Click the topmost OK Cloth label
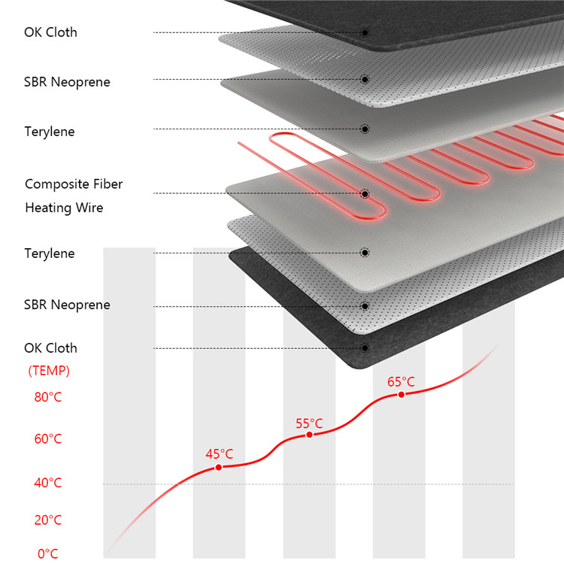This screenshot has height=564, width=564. point(50,32)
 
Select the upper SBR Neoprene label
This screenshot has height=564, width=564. point(67,82)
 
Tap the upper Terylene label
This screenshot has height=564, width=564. point(50,132)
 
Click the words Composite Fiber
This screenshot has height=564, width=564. point(74,184)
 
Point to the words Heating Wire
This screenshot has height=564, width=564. point(64,208)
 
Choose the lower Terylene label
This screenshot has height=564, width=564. point(50,253)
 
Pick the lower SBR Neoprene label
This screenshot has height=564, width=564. point(67,305)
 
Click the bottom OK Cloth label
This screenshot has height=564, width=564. point(50,348)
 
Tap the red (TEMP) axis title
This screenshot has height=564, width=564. point(49,371)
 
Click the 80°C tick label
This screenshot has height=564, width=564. point(48,397)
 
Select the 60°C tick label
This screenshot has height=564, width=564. point(48,439)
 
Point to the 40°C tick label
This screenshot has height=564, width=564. point(48,483)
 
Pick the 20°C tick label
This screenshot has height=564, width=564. point(48,520)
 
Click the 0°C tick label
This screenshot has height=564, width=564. point(47,554)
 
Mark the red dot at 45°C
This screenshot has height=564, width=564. point(219,467)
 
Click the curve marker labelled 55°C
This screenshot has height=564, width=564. point(309,435)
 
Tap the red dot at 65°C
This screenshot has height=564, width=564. point(402,394)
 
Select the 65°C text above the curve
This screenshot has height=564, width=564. point(401,381)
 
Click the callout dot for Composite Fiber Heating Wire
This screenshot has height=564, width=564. point(365,194)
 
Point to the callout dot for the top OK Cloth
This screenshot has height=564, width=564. point(365,32)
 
